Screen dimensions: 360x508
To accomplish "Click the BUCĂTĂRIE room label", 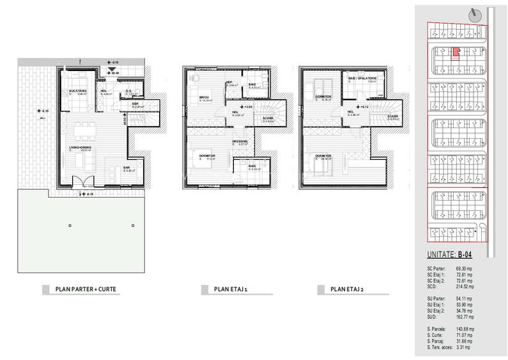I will (x=79, y=92).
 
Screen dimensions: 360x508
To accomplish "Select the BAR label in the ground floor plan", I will (x=127, y=168).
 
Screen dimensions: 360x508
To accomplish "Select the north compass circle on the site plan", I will (x=473, y=14).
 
